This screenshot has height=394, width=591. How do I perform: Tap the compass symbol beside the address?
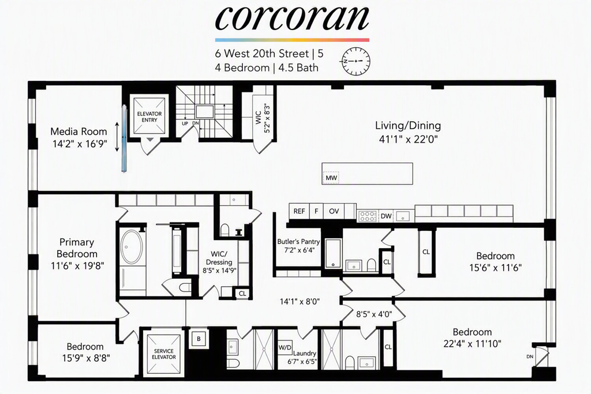click(356, 61)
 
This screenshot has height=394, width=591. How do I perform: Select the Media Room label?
click(78, 132)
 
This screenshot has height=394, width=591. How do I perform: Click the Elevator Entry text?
click(149, 117)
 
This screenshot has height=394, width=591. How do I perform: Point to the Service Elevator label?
click(164, 354)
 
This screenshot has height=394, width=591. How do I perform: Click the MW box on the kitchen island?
click(331, 178)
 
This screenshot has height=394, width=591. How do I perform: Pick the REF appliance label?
click(300, 211)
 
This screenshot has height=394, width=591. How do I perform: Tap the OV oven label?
click(334, 211)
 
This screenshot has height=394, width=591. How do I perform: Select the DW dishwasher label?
click(386, 216)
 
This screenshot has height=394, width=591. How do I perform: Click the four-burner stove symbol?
click(367, 216)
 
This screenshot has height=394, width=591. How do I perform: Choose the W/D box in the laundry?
click(285, 347)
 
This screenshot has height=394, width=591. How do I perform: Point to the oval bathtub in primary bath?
click(132, 247)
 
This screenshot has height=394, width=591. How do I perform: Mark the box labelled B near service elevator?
click(199, 339)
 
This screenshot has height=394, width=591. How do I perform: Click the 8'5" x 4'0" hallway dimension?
click(374, 314)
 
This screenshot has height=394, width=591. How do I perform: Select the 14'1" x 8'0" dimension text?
click(300, 301)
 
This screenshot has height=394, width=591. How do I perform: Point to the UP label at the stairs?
click(185, 123)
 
